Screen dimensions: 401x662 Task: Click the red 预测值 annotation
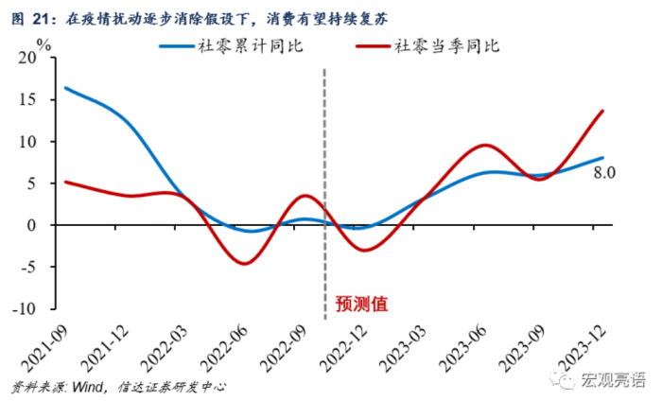[x=361, y=304]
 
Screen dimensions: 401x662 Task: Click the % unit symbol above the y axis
[x=44, y=44]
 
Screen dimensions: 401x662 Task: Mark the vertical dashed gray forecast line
[x=324, y=189]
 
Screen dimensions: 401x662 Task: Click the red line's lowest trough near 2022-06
[x=243, y=263]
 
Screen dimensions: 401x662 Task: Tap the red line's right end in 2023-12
[x=602, y=111]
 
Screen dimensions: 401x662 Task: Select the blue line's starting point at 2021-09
[x=64, y=88]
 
